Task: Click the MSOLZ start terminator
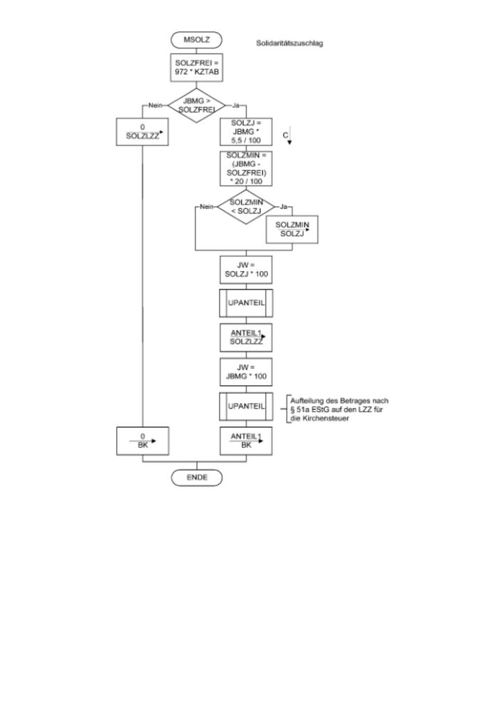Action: point(196,39)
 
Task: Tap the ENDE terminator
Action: point(196,477)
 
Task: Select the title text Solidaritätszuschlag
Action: point(290,44)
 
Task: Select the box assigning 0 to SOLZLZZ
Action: point(143,131)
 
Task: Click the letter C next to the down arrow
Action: point(284,135)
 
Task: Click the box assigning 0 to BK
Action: point(143,441)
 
